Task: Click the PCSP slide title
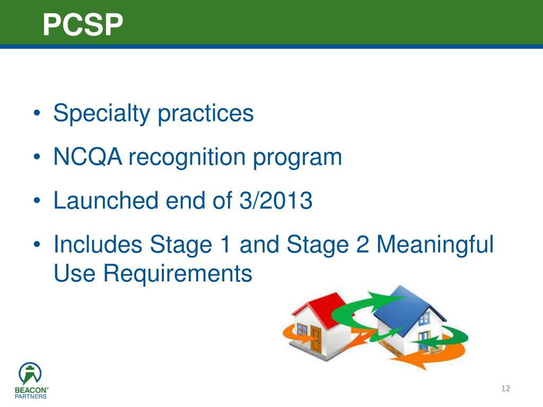pyautogui.click(x=83, y=24)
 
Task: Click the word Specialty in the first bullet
pyautogui.click(x=101, y=113)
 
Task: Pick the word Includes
pyautogui.click(x=98, y=245)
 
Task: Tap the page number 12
pyautogui.click(x=505, y=390)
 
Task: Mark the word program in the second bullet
pyautogui.click(x=309, y=157)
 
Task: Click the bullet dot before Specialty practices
pyautogui.click(x=37, y=114)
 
